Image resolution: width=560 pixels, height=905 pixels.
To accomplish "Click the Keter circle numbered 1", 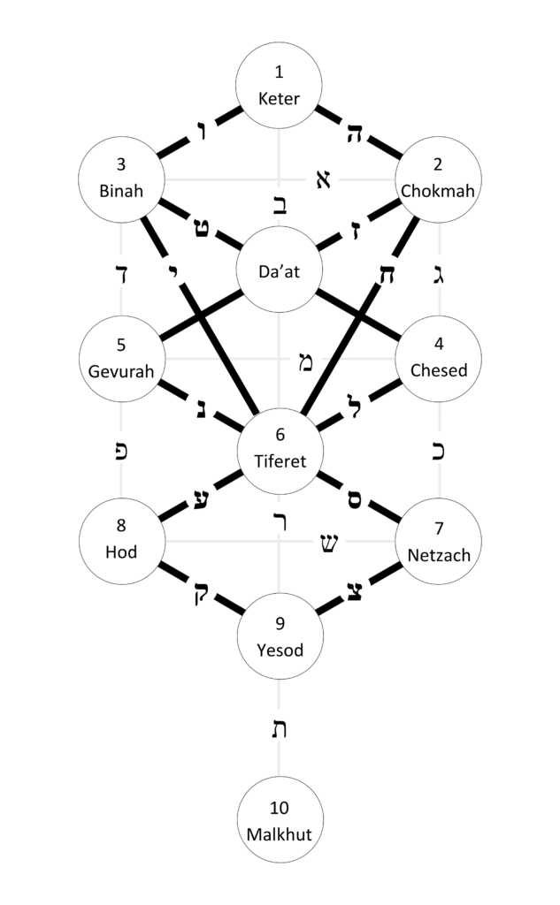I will pos(280,87).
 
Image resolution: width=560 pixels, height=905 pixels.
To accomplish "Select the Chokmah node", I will pos(440,179).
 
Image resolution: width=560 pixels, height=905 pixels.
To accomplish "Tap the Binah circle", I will pos(121,179).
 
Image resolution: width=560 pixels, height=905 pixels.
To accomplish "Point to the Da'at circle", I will pos(280,272).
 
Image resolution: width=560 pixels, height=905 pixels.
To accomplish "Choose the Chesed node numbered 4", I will pos(440,359).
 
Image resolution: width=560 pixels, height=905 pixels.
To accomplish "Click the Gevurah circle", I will pos(121,359).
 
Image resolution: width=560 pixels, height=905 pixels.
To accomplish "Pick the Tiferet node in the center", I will pos(280,449).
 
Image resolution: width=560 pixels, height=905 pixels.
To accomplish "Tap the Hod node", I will pos(121,540).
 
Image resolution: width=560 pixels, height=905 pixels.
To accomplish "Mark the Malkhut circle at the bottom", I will pos(280,819).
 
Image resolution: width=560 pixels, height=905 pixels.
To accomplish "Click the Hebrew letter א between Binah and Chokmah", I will pos(321,180).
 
